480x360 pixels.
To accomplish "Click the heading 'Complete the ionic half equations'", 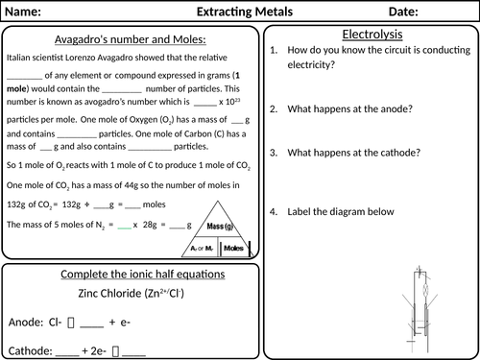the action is click(129, 275).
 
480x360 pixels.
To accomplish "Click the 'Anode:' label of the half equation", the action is click(28, 322).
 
